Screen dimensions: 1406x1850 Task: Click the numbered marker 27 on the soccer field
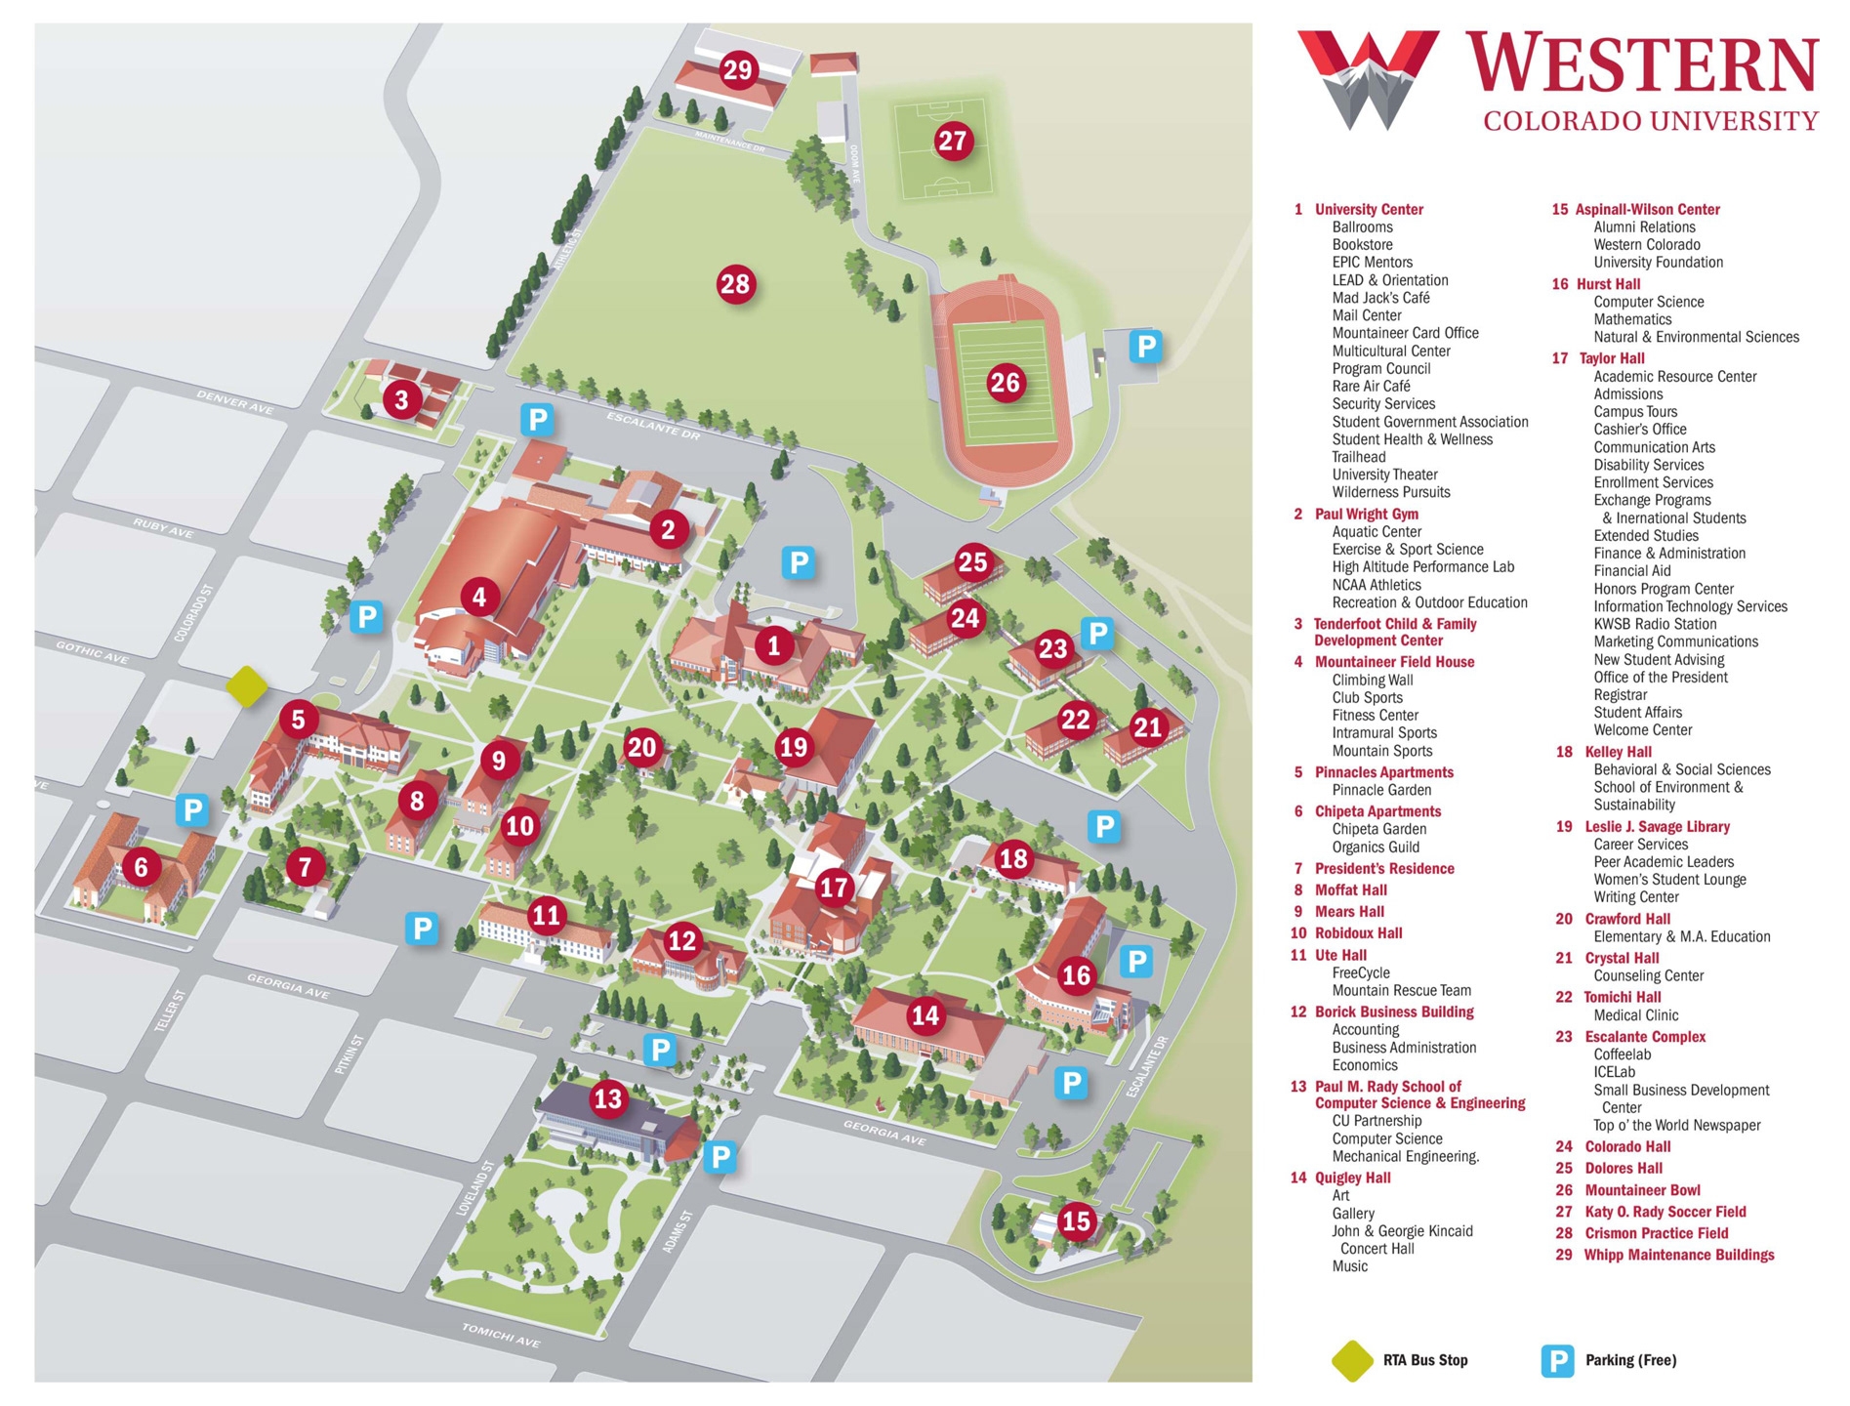tap(952, 142)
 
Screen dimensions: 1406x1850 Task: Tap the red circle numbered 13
tap(607, 1099)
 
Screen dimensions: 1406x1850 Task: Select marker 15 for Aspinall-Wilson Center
tap(1076, 1220)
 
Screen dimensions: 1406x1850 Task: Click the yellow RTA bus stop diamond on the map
tap(246, 686)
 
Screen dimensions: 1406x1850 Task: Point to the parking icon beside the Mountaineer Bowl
tap(1145, 346)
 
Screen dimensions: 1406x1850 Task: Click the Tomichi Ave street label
tap(501, 1335)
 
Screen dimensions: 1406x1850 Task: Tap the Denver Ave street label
tap(235, 401)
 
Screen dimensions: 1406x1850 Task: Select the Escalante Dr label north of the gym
tap(653, 425)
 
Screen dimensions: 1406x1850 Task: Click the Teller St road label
tap(170, 1012)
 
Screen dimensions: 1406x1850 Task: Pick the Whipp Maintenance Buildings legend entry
tap(1678, 1255)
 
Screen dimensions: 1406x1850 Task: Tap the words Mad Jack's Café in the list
tap(1380, 298)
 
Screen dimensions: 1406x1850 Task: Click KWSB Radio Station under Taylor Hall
tap(1654, 624)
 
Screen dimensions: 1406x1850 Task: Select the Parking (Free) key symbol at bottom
tap(1556, 1360)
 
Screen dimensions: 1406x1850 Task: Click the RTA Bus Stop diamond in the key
tap(1352, 1360)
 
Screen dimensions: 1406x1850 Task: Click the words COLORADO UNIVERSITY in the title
tap(1650, 121)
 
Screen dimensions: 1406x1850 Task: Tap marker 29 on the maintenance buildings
tap(738, 70)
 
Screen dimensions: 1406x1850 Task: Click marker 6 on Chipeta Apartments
tap(142, 866)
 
